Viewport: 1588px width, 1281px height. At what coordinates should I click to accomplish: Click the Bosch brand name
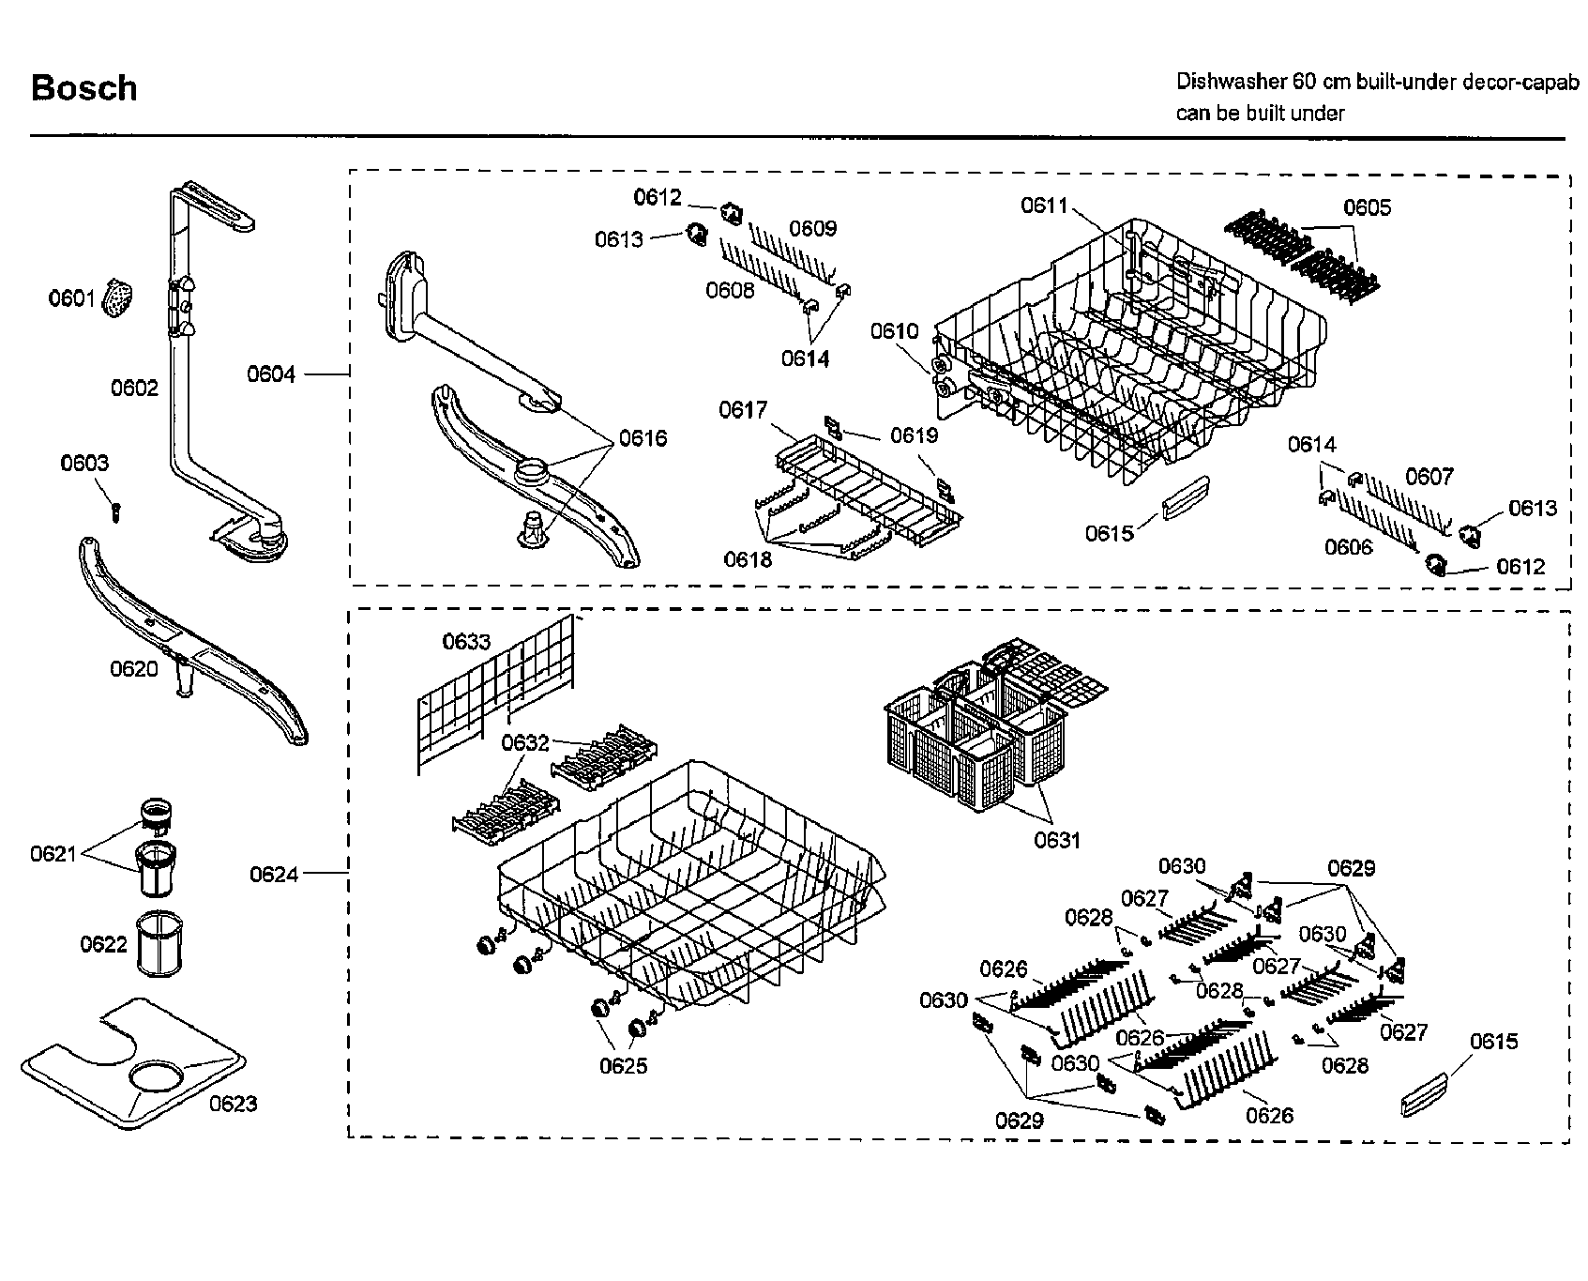pos(83,88)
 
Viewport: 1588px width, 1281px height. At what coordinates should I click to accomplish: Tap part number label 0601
pos(71,298)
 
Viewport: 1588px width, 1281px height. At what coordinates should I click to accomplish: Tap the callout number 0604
pos(271,374)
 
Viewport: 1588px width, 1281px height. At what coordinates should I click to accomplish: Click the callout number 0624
pos(274,875)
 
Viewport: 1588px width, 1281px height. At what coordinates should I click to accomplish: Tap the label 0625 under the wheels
pos(623,1066)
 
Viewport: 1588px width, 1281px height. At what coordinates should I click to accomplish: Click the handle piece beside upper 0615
pos(1185,496)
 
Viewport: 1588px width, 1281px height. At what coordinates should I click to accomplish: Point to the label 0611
pos(1044,206)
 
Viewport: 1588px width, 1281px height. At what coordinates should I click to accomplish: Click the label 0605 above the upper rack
pos(1367,207)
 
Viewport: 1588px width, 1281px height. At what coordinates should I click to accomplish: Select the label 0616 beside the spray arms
pos(643,438)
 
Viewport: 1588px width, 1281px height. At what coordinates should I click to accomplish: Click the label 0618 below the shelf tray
pos(748,559)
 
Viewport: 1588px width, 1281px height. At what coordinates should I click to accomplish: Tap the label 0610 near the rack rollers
pos(894,331)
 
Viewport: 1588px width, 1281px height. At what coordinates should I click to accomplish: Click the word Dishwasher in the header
pos(1231,81)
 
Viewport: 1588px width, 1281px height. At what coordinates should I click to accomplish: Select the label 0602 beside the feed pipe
pos(134,389)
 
